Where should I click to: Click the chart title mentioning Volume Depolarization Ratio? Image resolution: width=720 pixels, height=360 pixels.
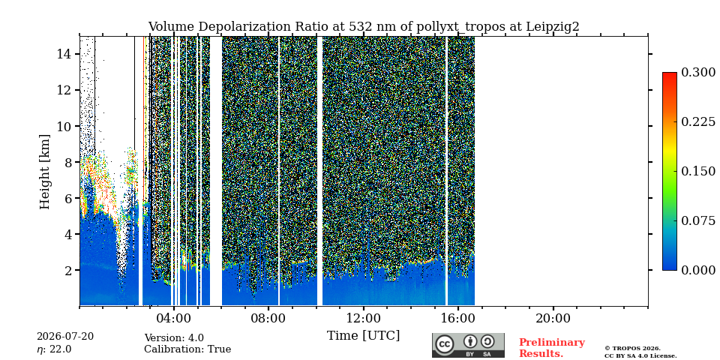pyautogui.click(x=364, y=27)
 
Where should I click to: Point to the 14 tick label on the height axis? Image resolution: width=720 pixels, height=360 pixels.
pyautogui.click(x=64, y=54)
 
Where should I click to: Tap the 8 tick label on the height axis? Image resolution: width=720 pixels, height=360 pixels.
pyautogui.click(x=68, y=162)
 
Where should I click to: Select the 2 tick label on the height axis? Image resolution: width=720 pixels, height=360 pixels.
pyautogui.click(x=68, y=270)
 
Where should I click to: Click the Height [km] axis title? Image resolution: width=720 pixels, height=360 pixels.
pyautogui.click(x=44, y=172)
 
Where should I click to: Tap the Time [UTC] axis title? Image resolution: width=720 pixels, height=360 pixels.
pyautogui.click(x=363, y=336)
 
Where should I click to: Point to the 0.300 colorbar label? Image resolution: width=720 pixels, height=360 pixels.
pyautogui.click(x=698, y=73)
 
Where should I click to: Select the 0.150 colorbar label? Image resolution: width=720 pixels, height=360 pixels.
pyautogui.click(x=698, y=171)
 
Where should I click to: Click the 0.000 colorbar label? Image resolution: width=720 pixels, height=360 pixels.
pyautogui.click(x=698, y=270)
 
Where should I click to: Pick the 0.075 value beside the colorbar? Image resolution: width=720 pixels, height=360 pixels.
pyautogui.click(x=698, y=220)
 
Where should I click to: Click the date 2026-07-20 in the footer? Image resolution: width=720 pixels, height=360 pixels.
pyautogui.click(x=65, y=337)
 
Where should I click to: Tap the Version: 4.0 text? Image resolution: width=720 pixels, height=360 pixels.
pyautogui.click(x=174, y=338)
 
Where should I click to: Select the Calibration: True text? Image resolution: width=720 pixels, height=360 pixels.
pyautogui.click(x=187, y=349)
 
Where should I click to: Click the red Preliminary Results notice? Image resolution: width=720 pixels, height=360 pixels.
pyautogui.click(x=552, y=348)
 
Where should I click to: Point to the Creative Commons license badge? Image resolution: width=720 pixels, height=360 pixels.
pyautogui.click(x=468, y=345)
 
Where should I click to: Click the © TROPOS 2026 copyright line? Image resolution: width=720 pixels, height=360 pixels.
pyautogui.click(x=632, y=349)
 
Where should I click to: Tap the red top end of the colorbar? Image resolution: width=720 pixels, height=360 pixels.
pyautogui.click(x=670, y=74)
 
